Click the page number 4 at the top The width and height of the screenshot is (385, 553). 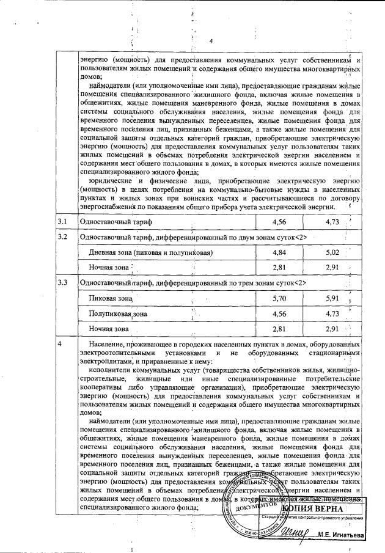[x=210, y=42]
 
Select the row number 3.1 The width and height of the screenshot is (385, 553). [x=62, y=221]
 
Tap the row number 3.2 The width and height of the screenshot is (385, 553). [x=62, y=236]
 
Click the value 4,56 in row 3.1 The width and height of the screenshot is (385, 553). [x=279, y=221]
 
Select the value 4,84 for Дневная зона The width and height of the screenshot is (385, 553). [x=279, y=252]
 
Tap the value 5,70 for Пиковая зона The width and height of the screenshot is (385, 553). [x=279, y=298]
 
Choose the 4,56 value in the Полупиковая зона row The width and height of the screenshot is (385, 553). [x=279, y=313]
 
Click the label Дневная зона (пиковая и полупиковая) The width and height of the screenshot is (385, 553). [x=142, y=252]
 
